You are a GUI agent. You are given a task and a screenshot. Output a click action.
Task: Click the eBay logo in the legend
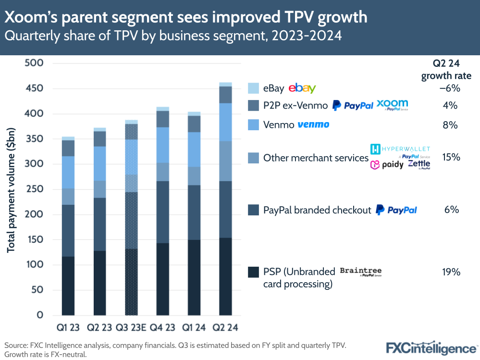[302, 88]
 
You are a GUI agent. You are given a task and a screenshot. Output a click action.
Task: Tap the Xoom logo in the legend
[392, 105]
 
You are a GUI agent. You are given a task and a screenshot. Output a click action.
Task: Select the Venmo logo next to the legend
[313, 125]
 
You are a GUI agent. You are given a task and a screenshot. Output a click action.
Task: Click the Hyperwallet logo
[400, 149]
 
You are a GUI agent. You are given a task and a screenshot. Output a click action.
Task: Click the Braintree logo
[360, 272]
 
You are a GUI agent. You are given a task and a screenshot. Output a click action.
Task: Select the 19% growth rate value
[451, 272]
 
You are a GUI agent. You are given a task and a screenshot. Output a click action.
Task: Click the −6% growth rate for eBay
[450, 88]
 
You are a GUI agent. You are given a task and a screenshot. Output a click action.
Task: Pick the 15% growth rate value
[451, 157]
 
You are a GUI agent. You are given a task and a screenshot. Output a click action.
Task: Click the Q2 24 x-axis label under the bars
[225, 328]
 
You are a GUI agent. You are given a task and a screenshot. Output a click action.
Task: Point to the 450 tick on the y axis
[34, 89]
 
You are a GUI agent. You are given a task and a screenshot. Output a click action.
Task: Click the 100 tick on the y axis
[34, 265]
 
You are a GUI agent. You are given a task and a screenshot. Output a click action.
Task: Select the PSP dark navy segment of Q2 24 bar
[225, 276]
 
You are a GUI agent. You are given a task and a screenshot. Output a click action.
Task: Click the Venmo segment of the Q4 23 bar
[162, 145]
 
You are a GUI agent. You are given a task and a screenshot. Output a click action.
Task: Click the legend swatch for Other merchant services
[254, 158]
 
